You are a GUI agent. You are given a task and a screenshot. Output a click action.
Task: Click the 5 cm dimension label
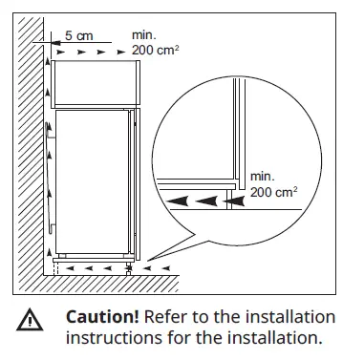79,35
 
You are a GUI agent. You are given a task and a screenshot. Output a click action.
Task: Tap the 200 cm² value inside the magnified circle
273,191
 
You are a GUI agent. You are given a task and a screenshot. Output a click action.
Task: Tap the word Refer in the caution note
165,317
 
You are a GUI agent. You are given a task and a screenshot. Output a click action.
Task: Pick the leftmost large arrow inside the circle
180,201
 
